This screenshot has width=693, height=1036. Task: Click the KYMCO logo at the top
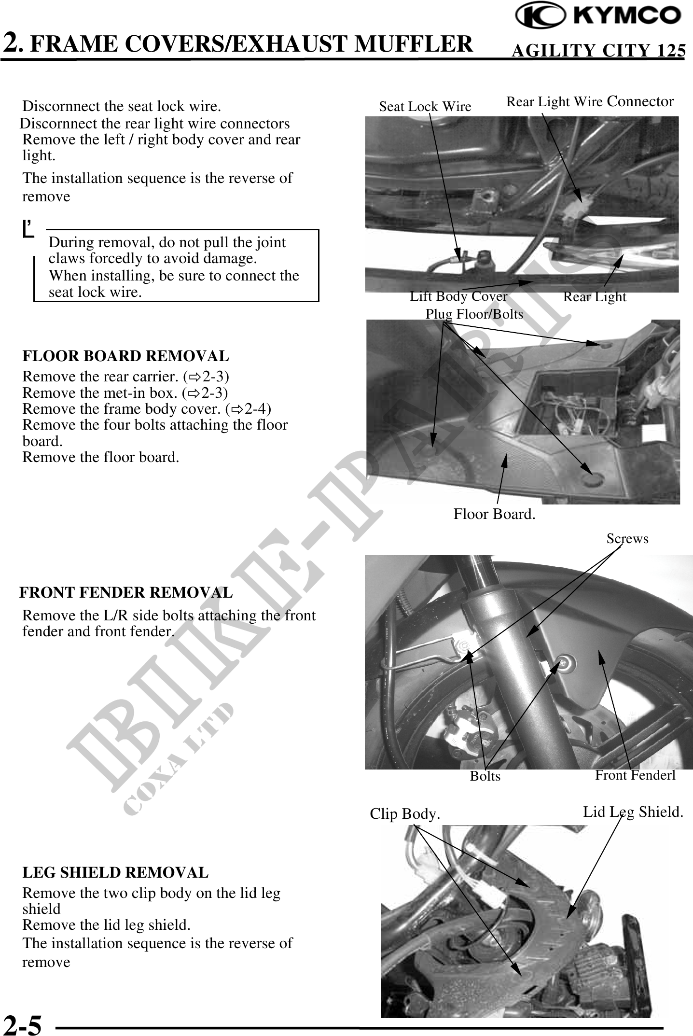pos(598,16)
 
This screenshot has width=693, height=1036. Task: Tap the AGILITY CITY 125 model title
pos(598,50)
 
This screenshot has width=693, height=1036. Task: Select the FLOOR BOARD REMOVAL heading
pos(125,356)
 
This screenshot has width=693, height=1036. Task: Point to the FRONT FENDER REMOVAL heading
pos(126,592)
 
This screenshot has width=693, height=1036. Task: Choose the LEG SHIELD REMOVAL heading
pos(115,873)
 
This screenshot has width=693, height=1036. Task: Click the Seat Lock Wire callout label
pos(425,107)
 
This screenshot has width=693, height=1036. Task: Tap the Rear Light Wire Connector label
pos(590,102)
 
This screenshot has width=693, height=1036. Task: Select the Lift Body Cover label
pos(458,296)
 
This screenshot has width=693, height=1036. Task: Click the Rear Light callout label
pos(595,297)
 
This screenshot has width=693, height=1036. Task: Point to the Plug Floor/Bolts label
pos(474,314)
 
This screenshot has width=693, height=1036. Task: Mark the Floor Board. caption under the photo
pos(494,515)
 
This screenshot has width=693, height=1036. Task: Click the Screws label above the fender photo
pos(627,539)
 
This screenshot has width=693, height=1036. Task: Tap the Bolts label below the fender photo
pos(485,776)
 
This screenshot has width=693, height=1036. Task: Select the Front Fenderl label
pos(635,775)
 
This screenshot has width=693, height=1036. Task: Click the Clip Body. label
pos(405,814)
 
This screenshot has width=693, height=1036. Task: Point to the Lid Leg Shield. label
pos(633,812)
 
